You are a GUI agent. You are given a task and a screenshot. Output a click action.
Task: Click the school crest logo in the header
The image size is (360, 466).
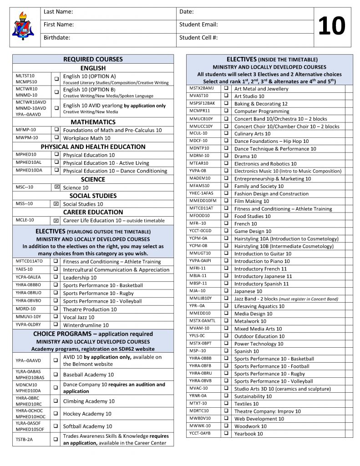[22, 26]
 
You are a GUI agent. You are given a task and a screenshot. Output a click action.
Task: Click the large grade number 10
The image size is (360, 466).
[331, 26]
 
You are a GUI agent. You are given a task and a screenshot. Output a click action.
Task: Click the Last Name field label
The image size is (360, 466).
[58, 12]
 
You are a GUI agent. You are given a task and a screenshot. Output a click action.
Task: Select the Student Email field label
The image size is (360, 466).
[198, 25]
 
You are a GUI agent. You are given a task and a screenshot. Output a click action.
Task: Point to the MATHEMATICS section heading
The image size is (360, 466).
[93, 122]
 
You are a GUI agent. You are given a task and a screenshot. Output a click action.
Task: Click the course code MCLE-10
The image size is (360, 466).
[25, 220]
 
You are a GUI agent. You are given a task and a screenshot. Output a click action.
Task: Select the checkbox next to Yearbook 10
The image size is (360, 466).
[226, 434]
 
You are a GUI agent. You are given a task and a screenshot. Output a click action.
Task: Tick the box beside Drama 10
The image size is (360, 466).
[226, 156]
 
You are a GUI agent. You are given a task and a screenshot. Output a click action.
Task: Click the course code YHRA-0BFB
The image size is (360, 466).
[201, 366]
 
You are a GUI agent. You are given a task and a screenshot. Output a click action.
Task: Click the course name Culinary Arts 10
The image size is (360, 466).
[252, 134]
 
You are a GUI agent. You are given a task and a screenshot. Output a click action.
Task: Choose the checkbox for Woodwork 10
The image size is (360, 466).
[226, 426]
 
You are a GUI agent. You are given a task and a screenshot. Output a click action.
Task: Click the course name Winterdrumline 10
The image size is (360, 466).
[86, 325]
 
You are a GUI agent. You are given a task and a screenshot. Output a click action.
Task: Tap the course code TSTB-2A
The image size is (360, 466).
[25, 440]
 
